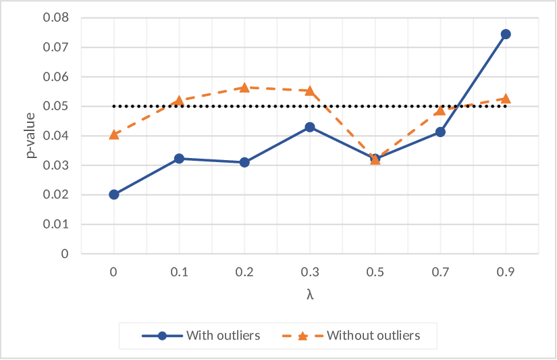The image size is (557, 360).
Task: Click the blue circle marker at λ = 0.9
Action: (506, 34)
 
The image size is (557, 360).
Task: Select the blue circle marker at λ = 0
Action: (114, 195)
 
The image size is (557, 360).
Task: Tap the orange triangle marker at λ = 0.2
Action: (244, 87)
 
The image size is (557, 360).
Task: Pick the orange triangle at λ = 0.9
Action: (506, 99)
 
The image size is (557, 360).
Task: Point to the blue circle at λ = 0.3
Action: (310, 127)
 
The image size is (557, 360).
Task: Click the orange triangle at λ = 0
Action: (114, 134)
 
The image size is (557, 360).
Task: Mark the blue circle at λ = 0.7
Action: (440, 132)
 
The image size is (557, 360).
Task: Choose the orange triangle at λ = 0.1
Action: (179, 101)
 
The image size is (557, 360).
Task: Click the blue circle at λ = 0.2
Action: (244, 162)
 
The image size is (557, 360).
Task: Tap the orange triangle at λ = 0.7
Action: (440, 110)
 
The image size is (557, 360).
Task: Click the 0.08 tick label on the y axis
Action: (56, 18)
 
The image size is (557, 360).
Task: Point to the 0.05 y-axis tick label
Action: (56, 106)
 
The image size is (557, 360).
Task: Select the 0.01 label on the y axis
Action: (56, 224)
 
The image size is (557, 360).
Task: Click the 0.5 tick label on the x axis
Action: (375, 272)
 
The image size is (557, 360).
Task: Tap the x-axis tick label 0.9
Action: (506, 272)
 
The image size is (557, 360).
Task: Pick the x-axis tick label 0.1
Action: (179, 272)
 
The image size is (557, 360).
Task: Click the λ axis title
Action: (310, 294)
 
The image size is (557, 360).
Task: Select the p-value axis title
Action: (31, 135)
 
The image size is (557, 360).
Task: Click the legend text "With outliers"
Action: (223, 336)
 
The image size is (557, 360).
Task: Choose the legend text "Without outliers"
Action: (373, 336)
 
